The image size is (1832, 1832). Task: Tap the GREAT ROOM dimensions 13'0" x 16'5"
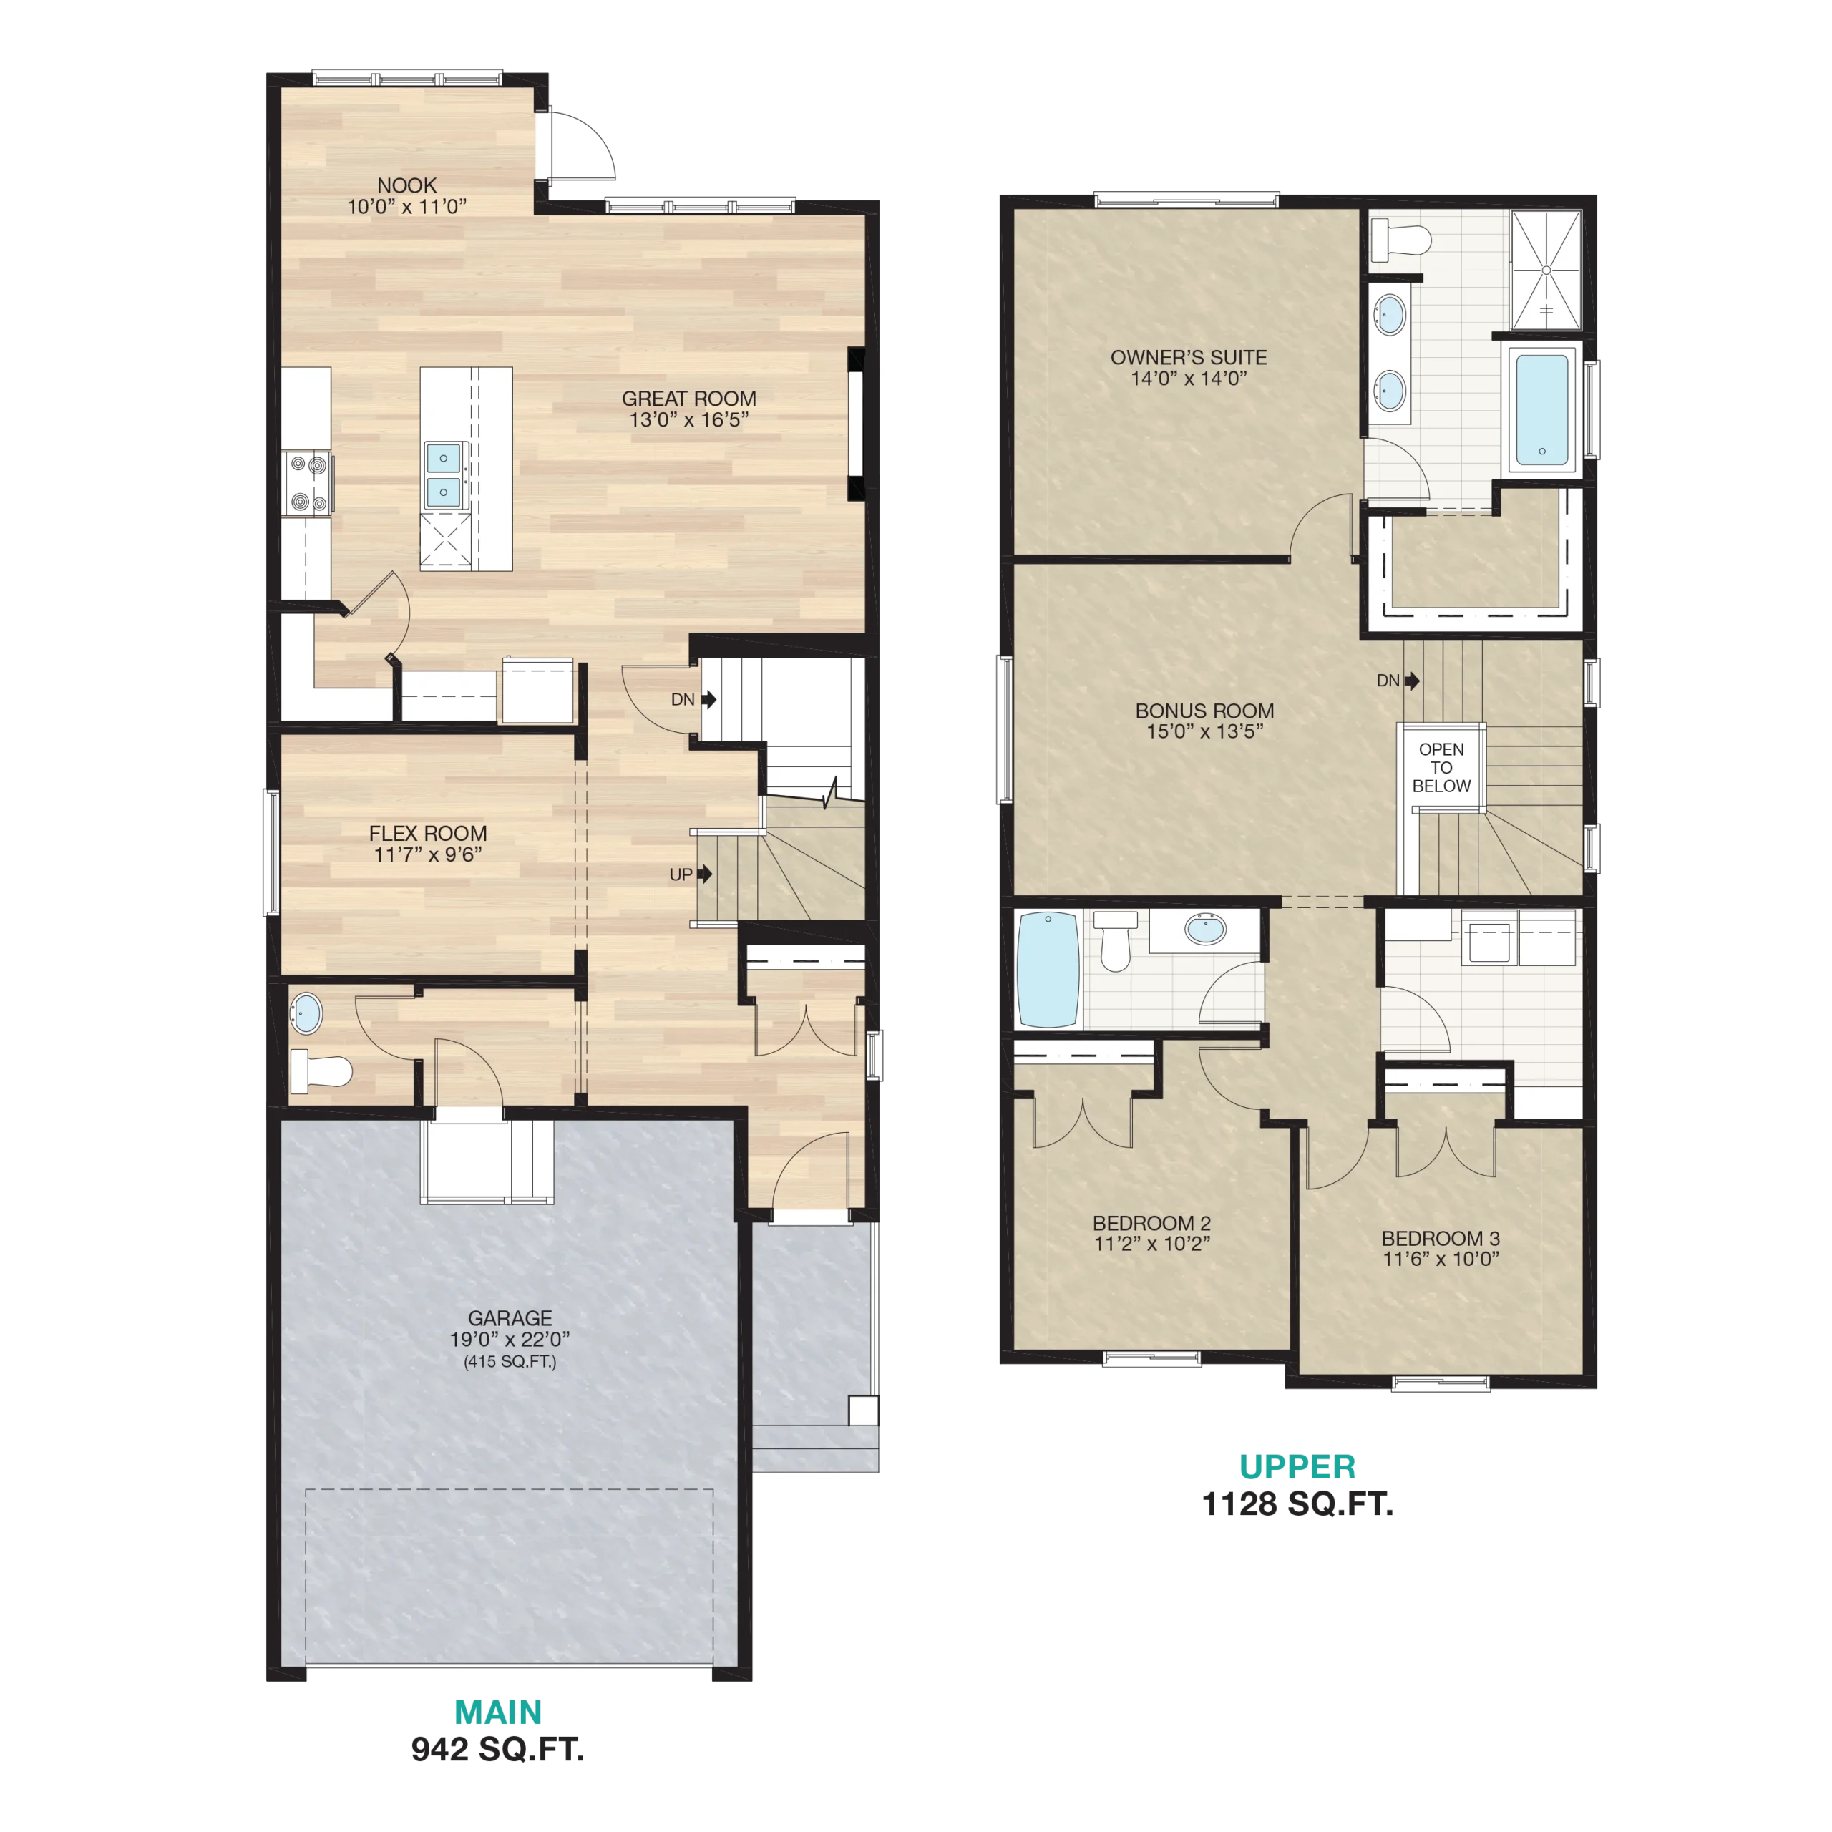(x=689, y=420)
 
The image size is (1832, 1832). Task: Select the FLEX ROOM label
(x=428, y=834)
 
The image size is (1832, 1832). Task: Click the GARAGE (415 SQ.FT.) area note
(x=510, y=1362)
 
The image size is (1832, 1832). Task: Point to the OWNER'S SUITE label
(x=1189, y=358)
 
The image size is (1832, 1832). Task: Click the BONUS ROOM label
(x=1204, y=710)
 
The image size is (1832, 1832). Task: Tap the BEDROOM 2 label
(x=1152, y=1223)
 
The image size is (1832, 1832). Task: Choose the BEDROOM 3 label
(x=1441, y=1239)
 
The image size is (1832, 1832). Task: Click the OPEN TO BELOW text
(x=1441, y=767)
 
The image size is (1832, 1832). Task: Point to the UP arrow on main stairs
(x=705, y=873)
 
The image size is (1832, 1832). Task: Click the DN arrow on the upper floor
(x=1412, y=681)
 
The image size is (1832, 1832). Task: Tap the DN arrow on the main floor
(x=708, y=700)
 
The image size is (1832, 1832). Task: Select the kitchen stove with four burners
(x=307, y=482)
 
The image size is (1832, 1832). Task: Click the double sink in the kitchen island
(x=444, y=475)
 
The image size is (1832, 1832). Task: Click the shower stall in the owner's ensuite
(x=1546, y=271)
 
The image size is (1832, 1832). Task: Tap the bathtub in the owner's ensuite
(x=1542, y=409)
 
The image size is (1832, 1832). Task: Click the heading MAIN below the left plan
(x=498, y=1712)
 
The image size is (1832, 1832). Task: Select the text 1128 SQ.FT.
(x=1297, y=1504)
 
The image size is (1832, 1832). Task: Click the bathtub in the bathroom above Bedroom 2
(x=1048, y=969)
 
